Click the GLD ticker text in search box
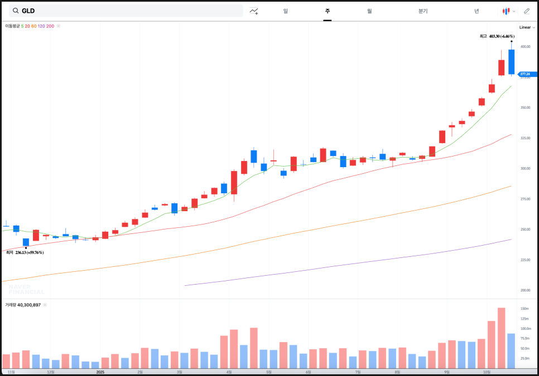tap(28, 11)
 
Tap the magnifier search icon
tap(16, 11)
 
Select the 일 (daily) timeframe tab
tap(286, 11)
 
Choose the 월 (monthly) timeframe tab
tap(369, 11)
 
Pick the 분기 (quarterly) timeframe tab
tap(423, 11)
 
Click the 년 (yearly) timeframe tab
tap(477, 11)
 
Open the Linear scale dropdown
tap(527, 27)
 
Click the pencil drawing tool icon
tap(527, 11)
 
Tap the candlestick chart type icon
tap(506, 11)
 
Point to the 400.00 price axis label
tap(525, 47)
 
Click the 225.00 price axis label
tap(525, 260)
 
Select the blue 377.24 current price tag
tap(527, 74)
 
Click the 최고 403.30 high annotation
tap(497, 36)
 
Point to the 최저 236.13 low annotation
tap(25, 252)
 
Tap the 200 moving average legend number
tap(51, 26)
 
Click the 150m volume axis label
tap(524, 309)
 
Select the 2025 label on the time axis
tap(100, 372)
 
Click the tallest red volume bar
tap(501, 338)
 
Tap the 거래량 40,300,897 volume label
tap(23, 305)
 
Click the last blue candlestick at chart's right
tap(511, 61)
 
